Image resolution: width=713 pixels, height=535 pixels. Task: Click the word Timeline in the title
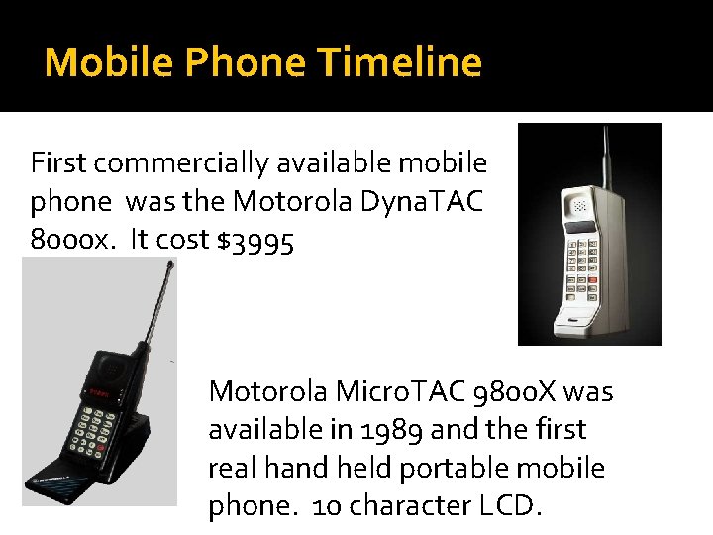click(x=400, y=63)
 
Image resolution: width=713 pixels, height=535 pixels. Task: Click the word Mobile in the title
click(x=95, y=63)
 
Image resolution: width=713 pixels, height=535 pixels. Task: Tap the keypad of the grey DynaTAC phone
click(x=584, y=265)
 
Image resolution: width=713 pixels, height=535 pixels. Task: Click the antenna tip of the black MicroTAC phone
click(x=169, y=265)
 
